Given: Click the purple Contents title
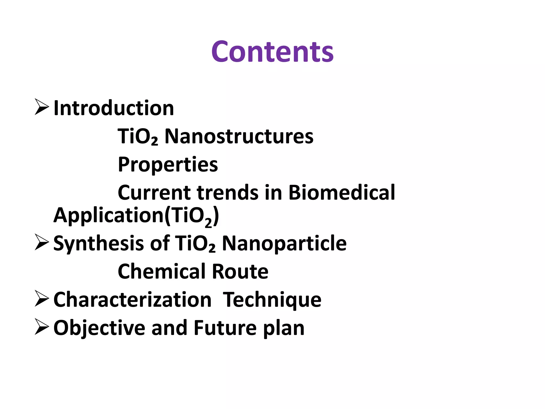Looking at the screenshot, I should [x=272, y=52].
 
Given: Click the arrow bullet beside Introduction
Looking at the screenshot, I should [x=42, y=107].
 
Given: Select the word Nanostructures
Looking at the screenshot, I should [x=239, y=136].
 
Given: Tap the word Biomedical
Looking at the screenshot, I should [x=341, y=193].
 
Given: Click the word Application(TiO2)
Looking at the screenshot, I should [x=136, y=216].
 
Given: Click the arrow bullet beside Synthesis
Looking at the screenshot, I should [x=42, y=242].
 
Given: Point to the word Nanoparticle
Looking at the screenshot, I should [x=284, y=244].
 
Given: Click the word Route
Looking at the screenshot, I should [x=240, y=272].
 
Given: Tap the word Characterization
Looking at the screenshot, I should [x=132, y=300].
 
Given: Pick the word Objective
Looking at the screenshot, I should [x=99, y=328].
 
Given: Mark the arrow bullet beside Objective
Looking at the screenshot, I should [x=42, y=327].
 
